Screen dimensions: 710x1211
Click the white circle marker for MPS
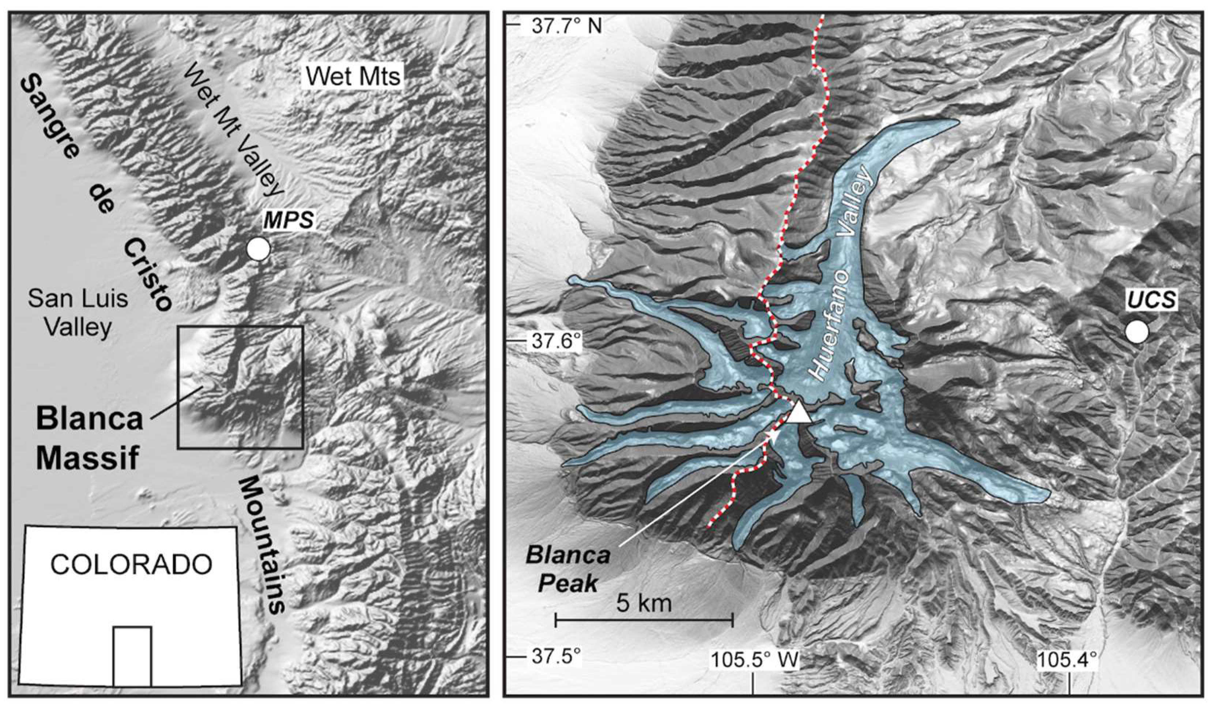click(x=258, y=249)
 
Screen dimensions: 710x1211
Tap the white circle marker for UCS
click(x=1136, y=332)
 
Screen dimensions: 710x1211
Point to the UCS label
click(x=1150, y=300)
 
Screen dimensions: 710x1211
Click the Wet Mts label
click(x=354, y=76)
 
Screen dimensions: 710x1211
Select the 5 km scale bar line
click(x=644, y=620)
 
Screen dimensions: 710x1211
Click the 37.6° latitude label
click(x=557, y=342)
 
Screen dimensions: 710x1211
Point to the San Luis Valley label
click(x=78, y=313)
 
